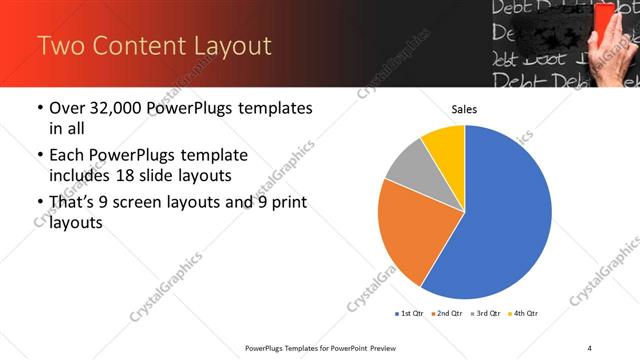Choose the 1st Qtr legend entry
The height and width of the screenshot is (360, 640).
point(409,314)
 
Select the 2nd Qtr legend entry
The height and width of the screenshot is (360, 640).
point(447,314)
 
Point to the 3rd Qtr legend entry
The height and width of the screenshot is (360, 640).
point(485,314)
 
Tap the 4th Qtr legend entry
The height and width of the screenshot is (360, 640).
point(523,314)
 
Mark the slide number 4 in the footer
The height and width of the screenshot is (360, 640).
point(590,347)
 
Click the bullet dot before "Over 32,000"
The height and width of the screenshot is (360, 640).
point(39,108)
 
